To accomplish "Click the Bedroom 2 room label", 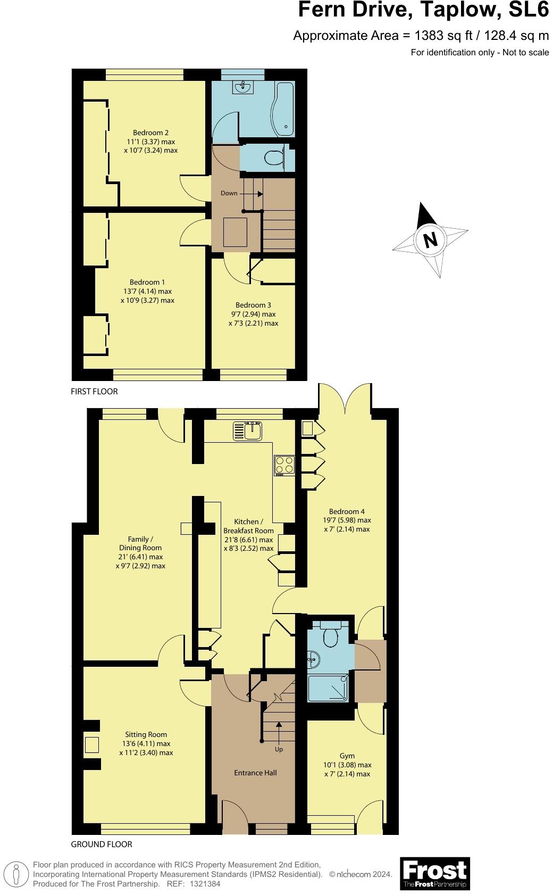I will (x=150, y=133).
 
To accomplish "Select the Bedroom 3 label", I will (x=253, y=305).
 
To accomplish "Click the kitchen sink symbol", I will (x=247, y=431).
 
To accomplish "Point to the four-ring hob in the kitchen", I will (x=284, y=465).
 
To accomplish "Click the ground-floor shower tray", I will (x=329, y=688).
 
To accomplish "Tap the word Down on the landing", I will (x=229, y=193).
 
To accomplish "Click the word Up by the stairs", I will (x=279, y=749).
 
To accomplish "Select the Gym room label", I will (x=347, y=756).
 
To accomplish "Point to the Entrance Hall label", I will (x=255, y=773).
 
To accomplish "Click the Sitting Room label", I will (x=146, y=734).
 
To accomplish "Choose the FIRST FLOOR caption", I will (x=94, y=391).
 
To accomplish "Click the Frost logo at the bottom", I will (x=435, y=873).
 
